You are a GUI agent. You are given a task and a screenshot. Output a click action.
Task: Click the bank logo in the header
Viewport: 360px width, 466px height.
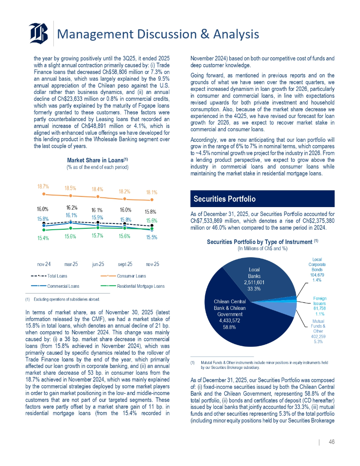(x=39, y=33)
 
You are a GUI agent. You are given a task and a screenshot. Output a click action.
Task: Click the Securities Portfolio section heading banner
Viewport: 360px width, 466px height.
(x=262, y=199)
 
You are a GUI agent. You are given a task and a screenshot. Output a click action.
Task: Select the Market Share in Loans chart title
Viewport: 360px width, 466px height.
(x=98, y=160)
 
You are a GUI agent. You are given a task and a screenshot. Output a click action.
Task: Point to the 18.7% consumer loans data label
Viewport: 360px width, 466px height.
(x=43, y=188)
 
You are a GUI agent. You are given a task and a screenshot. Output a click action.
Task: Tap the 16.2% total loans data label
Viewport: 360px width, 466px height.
(x=72, y=208)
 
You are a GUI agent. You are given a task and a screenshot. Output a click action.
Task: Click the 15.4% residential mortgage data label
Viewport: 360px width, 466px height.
(x=43, y=238)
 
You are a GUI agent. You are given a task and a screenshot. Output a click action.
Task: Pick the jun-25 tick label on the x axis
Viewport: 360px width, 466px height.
(x=98, y=264)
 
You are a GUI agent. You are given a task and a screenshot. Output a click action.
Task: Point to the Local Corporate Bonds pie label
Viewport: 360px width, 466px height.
(x=317, y=270)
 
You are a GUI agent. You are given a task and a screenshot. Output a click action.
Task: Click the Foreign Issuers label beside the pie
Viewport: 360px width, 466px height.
(x=319, y=304)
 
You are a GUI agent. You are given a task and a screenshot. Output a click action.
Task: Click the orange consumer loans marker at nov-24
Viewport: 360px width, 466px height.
(x=43, y=194)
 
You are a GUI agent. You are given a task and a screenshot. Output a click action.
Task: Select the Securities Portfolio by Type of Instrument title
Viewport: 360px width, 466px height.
(x=262, y=242)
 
